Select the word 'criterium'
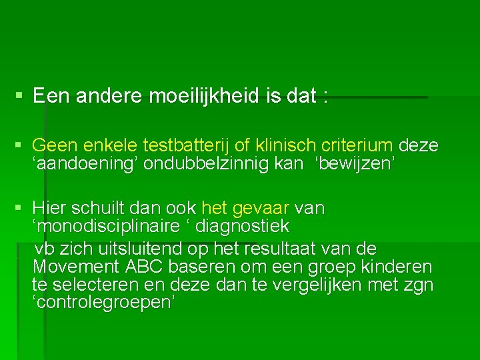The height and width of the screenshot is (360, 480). click(357, 145)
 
